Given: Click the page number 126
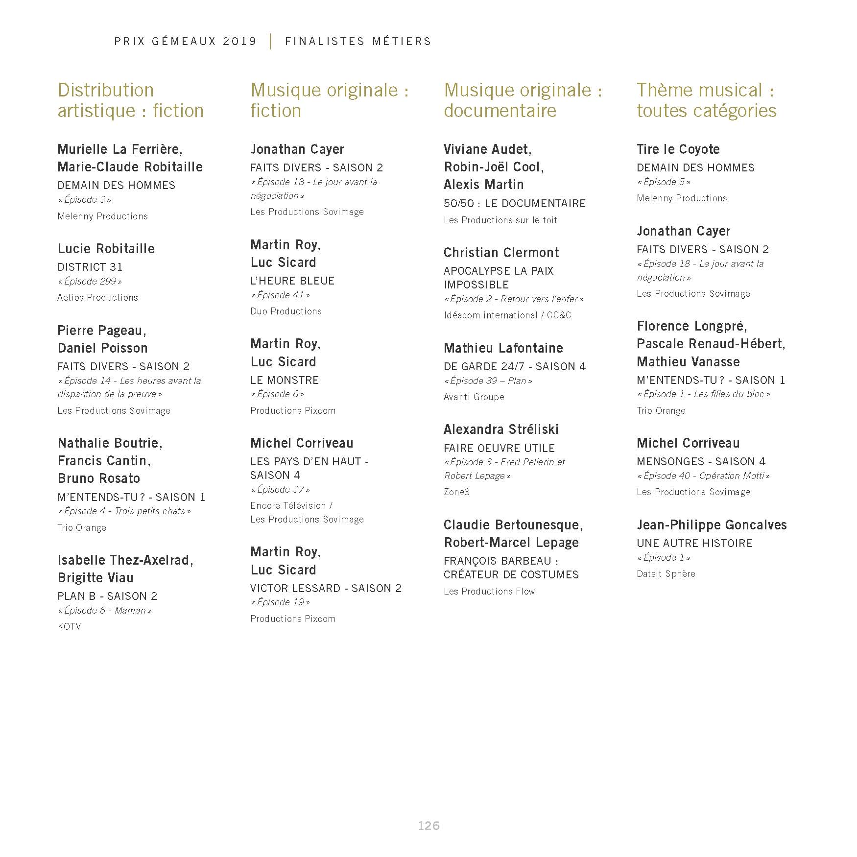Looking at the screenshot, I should pyautogui.click(x=428, y=826).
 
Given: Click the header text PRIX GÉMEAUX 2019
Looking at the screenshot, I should pyautogui.click(x=186, y=42).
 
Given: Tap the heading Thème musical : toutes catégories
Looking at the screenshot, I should pyautogui.click(x=706, y=100).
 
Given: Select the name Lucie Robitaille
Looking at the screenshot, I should pyautogui.click(x=106, y=249).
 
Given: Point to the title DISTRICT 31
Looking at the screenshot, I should pyautogui.click(x=90, y=267).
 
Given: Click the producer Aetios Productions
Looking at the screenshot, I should pyautogui.click(x=97, y=298).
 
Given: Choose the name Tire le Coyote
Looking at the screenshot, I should pyautogui.click(x=678, y=149).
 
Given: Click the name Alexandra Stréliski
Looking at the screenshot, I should pyautogui.click(x=501, y=429).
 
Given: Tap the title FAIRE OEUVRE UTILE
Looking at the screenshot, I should pyautogui.click(x=499, y=448).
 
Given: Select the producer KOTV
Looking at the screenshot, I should pyautogui.click(x=69, y=627).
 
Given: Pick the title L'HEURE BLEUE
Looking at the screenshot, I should pyautogui.click(x=292, y=281).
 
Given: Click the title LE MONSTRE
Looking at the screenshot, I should pyautogui.click(x=285, y=381).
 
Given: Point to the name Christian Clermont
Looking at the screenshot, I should pyautogui.click(x=501, y=253).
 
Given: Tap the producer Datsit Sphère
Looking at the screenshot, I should pyautogui.click(x=666, y=574).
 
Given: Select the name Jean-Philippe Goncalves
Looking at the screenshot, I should pyautogui.click(x=712, y=525).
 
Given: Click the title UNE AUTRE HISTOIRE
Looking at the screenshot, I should pyautogui.click(x=694, y=544).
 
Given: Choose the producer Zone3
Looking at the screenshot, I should pyautogui.click(x=456, y=492).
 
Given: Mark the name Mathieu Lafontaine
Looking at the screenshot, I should pyautogui.click(x=503, y=348).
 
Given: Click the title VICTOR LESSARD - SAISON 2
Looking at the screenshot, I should pyautogui.click(x=326, y=589).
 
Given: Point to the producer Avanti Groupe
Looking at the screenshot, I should pyautogui.click(x=474, y=397).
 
